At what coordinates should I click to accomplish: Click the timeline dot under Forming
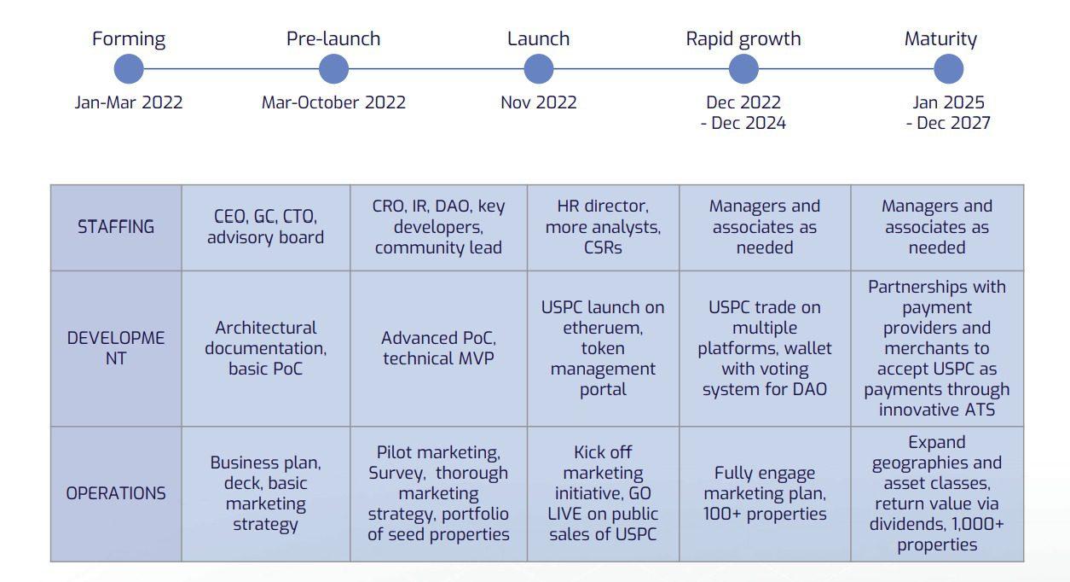[x=129, y=69]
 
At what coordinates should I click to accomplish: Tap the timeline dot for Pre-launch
[x=333, y=69]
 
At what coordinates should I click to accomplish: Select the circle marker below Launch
[x=538, y=69]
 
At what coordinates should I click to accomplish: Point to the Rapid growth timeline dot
[x=743, y=69]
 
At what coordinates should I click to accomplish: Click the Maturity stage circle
[x=948, y=69]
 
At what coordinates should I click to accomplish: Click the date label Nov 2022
[x=538, y=102]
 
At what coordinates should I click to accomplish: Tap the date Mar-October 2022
[x=333, y=102]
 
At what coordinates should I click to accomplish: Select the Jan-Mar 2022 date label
[x=129, y=102]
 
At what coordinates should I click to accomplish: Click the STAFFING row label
[x=116, y=227]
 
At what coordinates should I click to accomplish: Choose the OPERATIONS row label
[x=116, y=493]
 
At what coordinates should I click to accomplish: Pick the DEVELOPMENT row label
[x=116, y=348]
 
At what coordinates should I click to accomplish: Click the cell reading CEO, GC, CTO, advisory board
[x=266, y=227]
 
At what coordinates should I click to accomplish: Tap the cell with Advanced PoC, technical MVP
[x=438, y=348]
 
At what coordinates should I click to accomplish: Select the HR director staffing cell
[x=603, y=227]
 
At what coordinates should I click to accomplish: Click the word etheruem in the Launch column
[x=603, y=328]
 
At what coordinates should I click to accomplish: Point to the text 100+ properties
[x=765, y=514]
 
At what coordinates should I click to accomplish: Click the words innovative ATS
[x=937, y=410]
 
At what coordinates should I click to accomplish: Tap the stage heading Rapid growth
[x=743, y=39]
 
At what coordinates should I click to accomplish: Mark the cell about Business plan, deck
[x=266, y=494]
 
